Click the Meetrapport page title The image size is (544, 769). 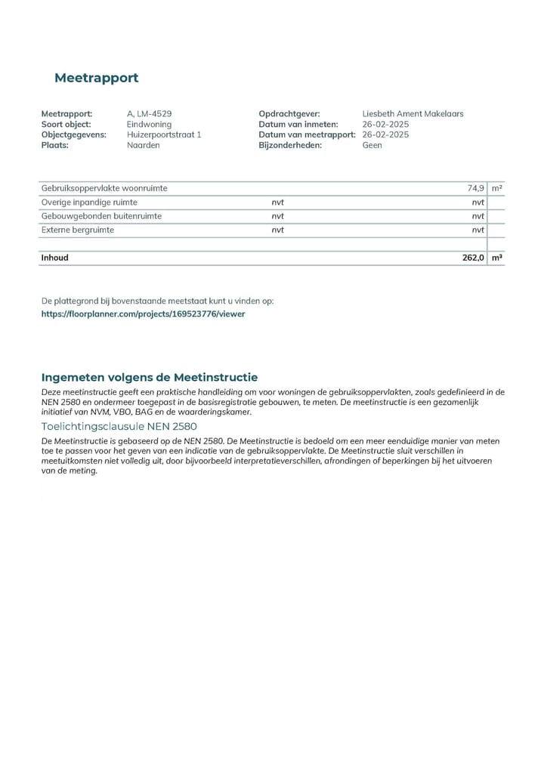96,78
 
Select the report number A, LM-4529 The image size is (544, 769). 150,114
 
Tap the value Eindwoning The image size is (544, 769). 150,125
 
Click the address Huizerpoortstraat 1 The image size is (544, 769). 164,134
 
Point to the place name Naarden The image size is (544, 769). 144,145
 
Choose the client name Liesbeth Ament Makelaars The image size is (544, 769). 413,114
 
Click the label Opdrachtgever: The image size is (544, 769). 289,114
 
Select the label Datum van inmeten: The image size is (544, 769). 298,125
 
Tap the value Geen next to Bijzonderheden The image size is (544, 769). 372,145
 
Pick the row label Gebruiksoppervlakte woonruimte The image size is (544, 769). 104,188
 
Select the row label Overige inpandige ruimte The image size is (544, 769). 89,202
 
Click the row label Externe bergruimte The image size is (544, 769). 78,230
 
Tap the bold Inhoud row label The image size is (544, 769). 54,258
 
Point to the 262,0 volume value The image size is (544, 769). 473,258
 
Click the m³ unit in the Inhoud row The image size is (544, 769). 496,258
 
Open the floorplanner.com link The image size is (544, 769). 143,313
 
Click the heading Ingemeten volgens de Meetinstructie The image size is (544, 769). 150,377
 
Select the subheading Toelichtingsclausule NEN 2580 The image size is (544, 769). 119,426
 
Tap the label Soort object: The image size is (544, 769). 66,125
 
